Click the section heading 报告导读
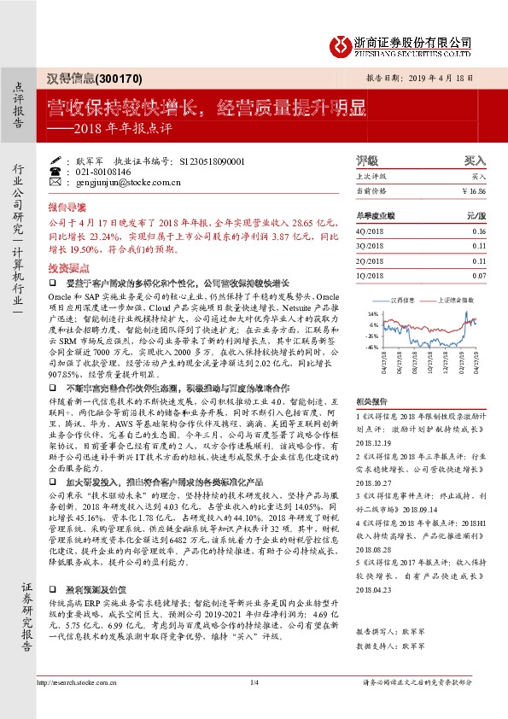coord(66,208)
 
